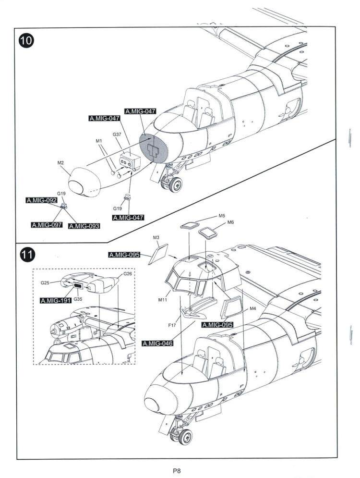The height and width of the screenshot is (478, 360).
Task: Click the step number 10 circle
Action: [x=26, y=40]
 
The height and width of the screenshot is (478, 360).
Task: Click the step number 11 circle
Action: [x=27, y=255]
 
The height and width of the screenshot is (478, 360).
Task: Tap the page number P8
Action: [x=177, y=471]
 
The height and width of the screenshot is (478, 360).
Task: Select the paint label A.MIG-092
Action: [x=42, y=200]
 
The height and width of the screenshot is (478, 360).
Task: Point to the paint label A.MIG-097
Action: [x=47, y=225]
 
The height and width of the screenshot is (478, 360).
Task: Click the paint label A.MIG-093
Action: [x=84, y=226]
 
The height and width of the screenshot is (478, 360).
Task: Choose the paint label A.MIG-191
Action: [x=56, y=301]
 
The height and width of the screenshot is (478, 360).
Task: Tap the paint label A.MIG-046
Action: [x=158, y=343]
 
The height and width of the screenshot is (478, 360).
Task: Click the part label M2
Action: [x=60, y=163]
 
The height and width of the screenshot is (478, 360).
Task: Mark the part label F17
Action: [x=172, y=325]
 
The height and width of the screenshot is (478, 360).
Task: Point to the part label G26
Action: [x=128, y=274]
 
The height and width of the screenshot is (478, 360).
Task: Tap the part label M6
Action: [x=230, y=222]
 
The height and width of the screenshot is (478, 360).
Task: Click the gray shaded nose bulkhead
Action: [x=154, y=149]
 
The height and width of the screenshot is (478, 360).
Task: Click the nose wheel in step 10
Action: [x=176, y=185]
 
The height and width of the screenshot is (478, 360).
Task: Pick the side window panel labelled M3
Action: [x=158, y=254]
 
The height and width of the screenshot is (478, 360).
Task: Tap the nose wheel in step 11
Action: [x=185, y=438]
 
